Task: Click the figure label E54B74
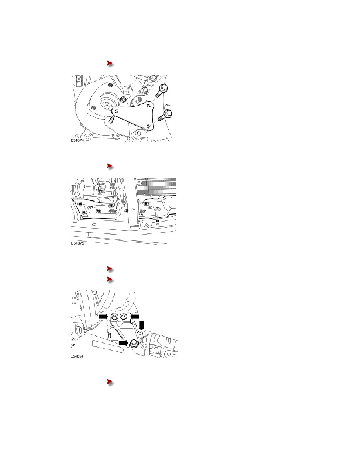[77, 140]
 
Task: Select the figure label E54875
[77, 244]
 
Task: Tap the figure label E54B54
[76, 356]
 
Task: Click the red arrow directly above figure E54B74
[110, 63]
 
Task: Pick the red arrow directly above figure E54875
[110, 166]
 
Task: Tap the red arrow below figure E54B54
[110, 382]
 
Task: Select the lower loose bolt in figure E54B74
[164, 116]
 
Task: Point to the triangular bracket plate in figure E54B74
[134, 116]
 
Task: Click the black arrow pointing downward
[142, 325]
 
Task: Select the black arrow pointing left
[135, 317]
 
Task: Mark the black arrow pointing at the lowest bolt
[124, 343]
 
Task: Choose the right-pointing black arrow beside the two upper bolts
[104, 317]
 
